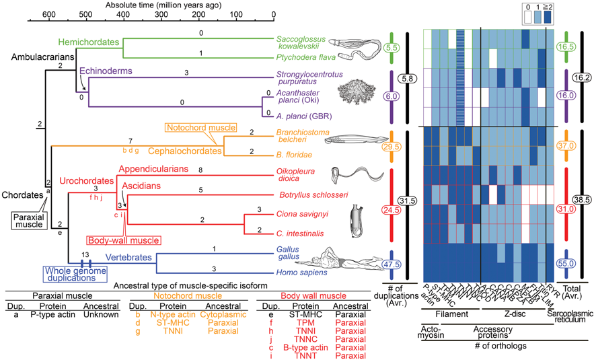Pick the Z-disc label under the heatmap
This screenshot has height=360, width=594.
coord(510,315)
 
